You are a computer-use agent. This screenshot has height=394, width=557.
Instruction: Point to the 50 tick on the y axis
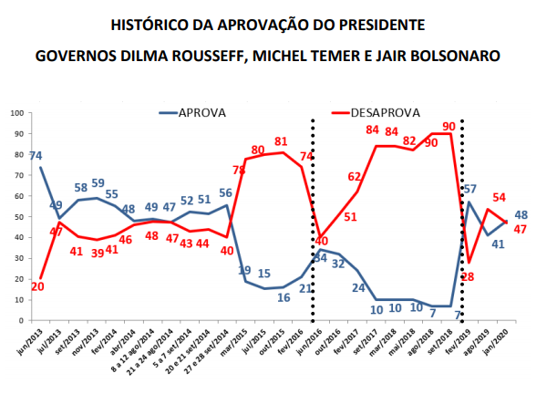19,217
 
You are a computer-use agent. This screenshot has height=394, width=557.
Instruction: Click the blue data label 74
36,156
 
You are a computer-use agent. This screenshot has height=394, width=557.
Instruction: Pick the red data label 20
37,286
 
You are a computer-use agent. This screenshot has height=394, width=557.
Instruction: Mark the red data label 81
283,141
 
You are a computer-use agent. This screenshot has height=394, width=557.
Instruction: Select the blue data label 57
471,190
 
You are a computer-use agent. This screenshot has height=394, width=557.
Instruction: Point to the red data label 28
470,276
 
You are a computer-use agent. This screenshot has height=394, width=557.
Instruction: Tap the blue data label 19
245,270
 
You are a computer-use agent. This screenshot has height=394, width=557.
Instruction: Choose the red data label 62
355,177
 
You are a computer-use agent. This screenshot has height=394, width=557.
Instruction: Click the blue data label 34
320,258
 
